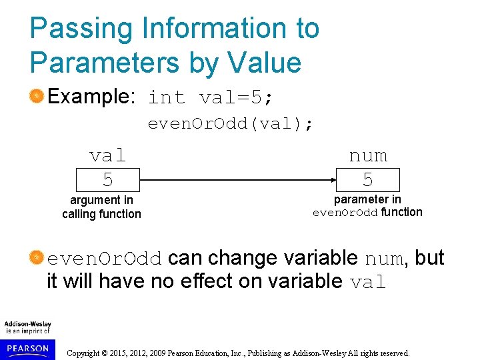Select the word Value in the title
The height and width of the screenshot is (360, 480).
click(265, 63)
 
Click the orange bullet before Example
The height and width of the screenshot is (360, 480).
click(37, 97)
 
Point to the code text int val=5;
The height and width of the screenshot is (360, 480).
click(210, 97)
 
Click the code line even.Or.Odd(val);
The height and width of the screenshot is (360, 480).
click(230, 123)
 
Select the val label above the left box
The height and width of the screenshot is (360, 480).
click(107, 155)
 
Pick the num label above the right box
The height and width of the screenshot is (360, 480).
click(368, 155)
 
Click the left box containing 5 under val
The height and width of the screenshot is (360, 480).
click(107, 180)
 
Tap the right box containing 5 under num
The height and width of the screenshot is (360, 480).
click(368, 180)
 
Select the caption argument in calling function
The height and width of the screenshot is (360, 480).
click(101, 207)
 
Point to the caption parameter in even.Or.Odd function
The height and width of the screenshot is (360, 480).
click(367, 206)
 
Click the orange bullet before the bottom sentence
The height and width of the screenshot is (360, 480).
click(37, 258)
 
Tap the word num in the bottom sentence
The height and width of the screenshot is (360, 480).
click(385, 259)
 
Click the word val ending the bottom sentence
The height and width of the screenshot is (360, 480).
click(368, 282)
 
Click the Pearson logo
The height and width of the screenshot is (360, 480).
click(27, 348)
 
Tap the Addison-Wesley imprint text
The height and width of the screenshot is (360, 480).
click(27, 327)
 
